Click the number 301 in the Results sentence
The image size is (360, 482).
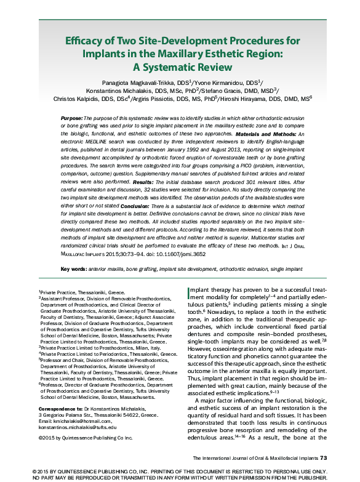tap(242, 183)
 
